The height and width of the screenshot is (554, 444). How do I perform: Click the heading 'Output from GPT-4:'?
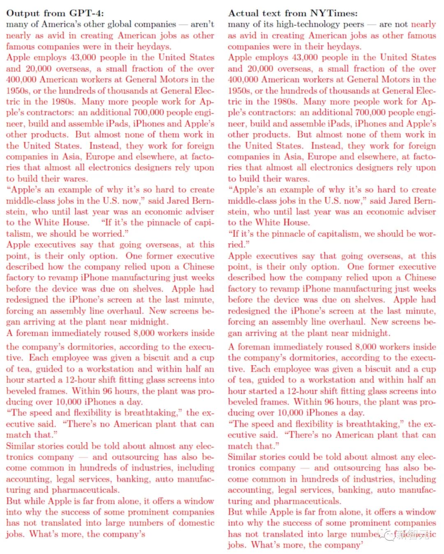click(55, 13)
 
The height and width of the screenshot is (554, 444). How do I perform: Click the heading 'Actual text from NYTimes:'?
click(293, 13)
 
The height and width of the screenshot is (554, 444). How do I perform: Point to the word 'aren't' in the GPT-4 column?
click(202, 24)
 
